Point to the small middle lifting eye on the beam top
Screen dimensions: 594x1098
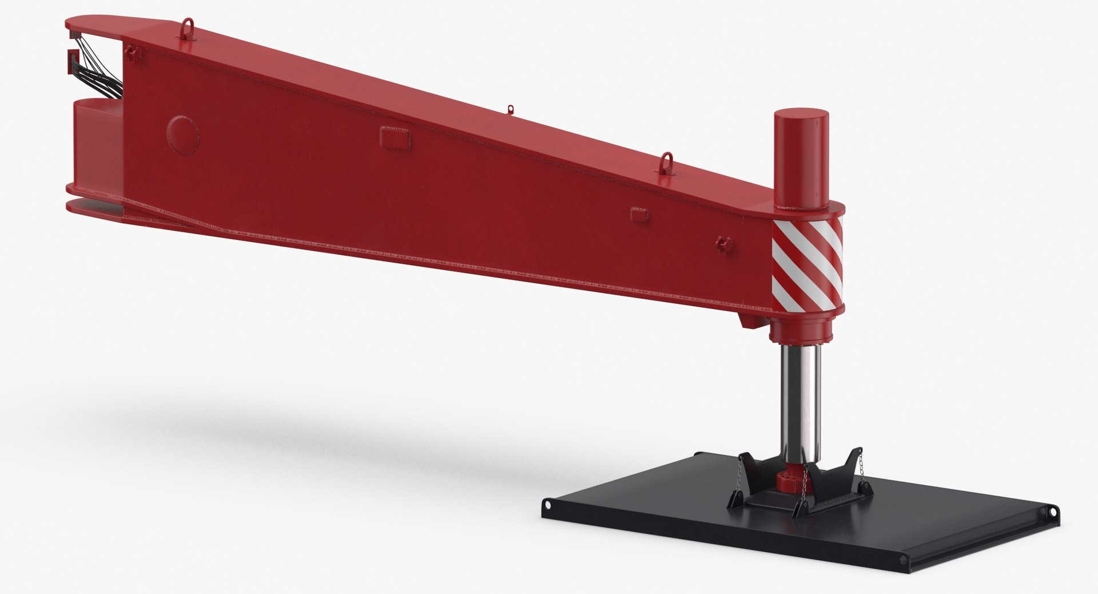[x=511, y=109]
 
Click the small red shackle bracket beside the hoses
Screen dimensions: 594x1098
[x=133, y=53]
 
